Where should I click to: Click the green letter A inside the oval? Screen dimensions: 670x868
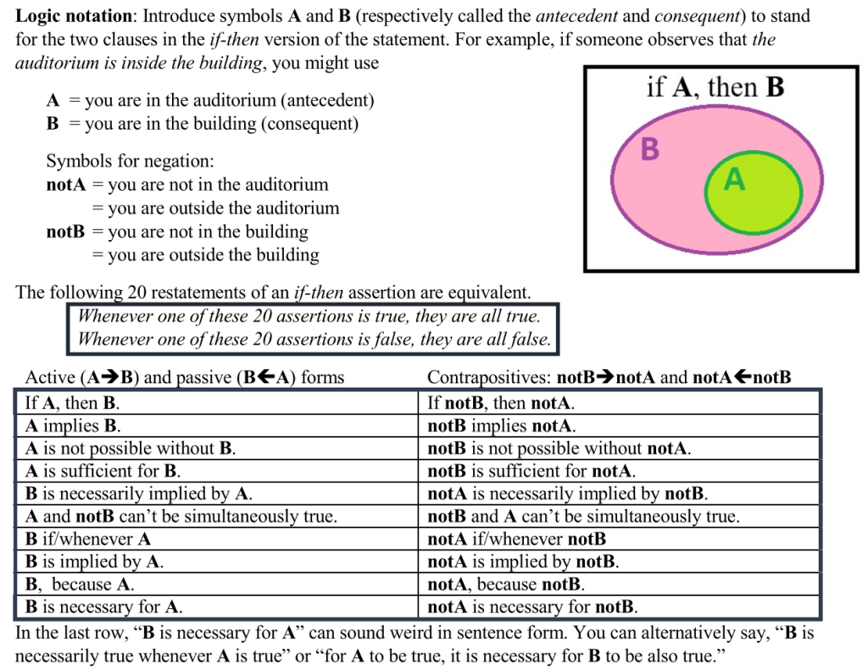point(735,180)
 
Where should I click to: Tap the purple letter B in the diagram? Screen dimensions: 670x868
point(650,149)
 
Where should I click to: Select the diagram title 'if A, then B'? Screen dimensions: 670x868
point(715,87)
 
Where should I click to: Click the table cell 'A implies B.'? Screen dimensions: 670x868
point(73,425)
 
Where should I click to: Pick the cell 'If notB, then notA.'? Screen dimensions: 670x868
point(501,403)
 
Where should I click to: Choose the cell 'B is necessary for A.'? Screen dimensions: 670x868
point(104,606)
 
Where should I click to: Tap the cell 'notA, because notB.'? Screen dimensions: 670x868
point(506,584)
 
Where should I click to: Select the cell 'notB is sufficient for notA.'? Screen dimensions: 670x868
point(531,471)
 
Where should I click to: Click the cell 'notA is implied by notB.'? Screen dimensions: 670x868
point(523,561)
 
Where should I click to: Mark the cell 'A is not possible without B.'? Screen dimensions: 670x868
point(131,448)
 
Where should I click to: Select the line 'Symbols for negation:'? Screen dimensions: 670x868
point(130,161)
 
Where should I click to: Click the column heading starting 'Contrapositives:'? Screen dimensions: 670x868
point(609,377)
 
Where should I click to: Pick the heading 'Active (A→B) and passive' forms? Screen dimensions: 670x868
point(185,377)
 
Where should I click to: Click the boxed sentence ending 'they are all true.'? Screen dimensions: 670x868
point(309,316)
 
